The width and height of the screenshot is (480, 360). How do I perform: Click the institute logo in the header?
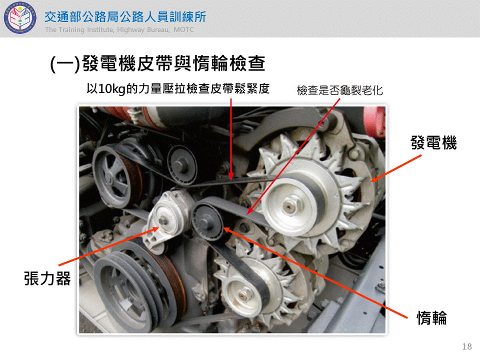click(20, 18)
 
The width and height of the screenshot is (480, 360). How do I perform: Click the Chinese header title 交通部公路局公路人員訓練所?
click(125, 17)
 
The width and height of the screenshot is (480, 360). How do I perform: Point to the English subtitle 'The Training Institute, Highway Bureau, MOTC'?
click(119, 29)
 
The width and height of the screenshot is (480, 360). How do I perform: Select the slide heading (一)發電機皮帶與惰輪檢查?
click(157, 63)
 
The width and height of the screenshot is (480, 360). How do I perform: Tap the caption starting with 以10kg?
click(178, 88)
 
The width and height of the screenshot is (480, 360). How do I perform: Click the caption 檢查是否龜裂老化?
click(340, 90)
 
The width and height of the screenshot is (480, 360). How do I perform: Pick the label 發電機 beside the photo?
click(433, 142)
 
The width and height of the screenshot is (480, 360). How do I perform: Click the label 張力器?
click(47, 278)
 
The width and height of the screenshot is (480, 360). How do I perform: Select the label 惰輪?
click(431, 318)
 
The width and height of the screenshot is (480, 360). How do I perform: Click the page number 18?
click(467, 346)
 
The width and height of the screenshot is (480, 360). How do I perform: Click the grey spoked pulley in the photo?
click(114, 177)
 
